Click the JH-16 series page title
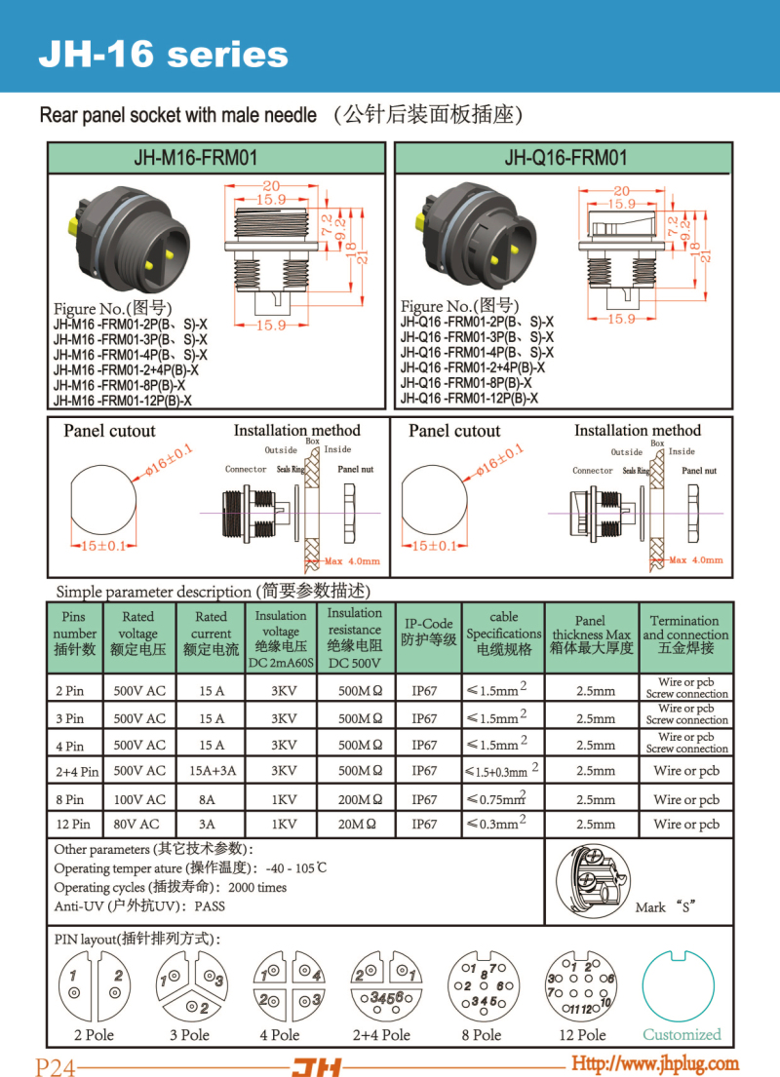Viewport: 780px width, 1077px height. point(163,54)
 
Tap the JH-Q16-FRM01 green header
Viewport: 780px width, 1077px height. point(565,158)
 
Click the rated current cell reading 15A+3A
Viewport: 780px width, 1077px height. point(211,771)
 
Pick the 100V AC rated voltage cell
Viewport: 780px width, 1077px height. point(138,799)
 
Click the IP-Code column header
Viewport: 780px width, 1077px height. point(428,632)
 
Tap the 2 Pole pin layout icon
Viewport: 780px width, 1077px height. point(94,986)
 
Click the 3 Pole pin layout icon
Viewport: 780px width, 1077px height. point(189,986)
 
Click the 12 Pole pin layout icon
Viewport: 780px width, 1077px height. point(581,986)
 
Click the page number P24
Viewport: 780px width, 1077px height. point(56,1066)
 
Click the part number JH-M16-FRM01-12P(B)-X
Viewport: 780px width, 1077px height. point(123,401)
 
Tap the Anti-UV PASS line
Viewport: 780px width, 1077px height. point(139,905)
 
